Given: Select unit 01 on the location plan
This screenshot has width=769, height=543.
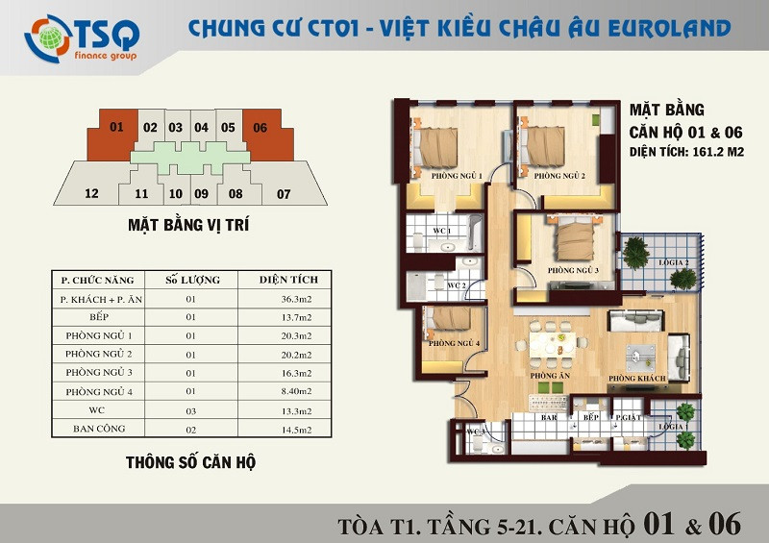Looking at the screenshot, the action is tap(113, 135).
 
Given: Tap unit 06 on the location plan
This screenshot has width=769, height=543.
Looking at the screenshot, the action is tap(266, 135).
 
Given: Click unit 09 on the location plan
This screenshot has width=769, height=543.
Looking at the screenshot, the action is tap(202, 194).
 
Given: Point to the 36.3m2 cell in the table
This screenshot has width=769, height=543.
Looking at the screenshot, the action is tap(297, 299).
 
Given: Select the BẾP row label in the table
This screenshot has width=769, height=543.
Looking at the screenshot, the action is tap(99, 317).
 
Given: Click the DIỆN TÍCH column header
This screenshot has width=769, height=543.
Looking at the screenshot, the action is tap(288, 280).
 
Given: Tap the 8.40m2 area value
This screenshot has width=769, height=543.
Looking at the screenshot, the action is tap(297, 391).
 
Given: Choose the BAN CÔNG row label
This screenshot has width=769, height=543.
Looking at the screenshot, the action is tap(99, 429).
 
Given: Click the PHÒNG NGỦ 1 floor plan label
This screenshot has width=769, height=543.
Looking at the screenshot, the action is tap(457, 176).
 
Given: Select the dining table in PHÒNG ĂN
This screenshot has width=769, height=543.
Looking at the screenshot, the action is tap(552, 344).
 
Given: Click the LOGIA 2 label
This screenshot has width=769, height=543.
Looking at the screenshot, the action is tap(674, 262).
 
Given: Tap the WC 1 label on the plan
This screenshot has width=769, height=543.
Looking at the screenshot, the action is tap(442, 231).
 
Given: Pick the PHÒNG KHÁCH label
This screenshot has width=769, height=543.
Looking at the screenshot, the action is tap(637, 379).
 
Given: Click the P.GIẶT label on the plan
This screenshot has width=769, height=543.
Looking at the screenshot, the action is tap(629, 417).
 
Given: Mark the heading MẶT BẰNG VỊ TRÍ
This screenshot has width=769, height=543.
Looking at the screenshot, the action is tap(188, 225).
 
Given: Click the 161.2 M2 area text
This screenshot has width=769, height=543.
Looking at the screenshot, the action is tap(718, 152).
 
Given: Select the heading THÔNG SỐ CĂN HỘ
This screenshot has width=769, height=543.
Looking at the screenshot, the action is tap(190, 462).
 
